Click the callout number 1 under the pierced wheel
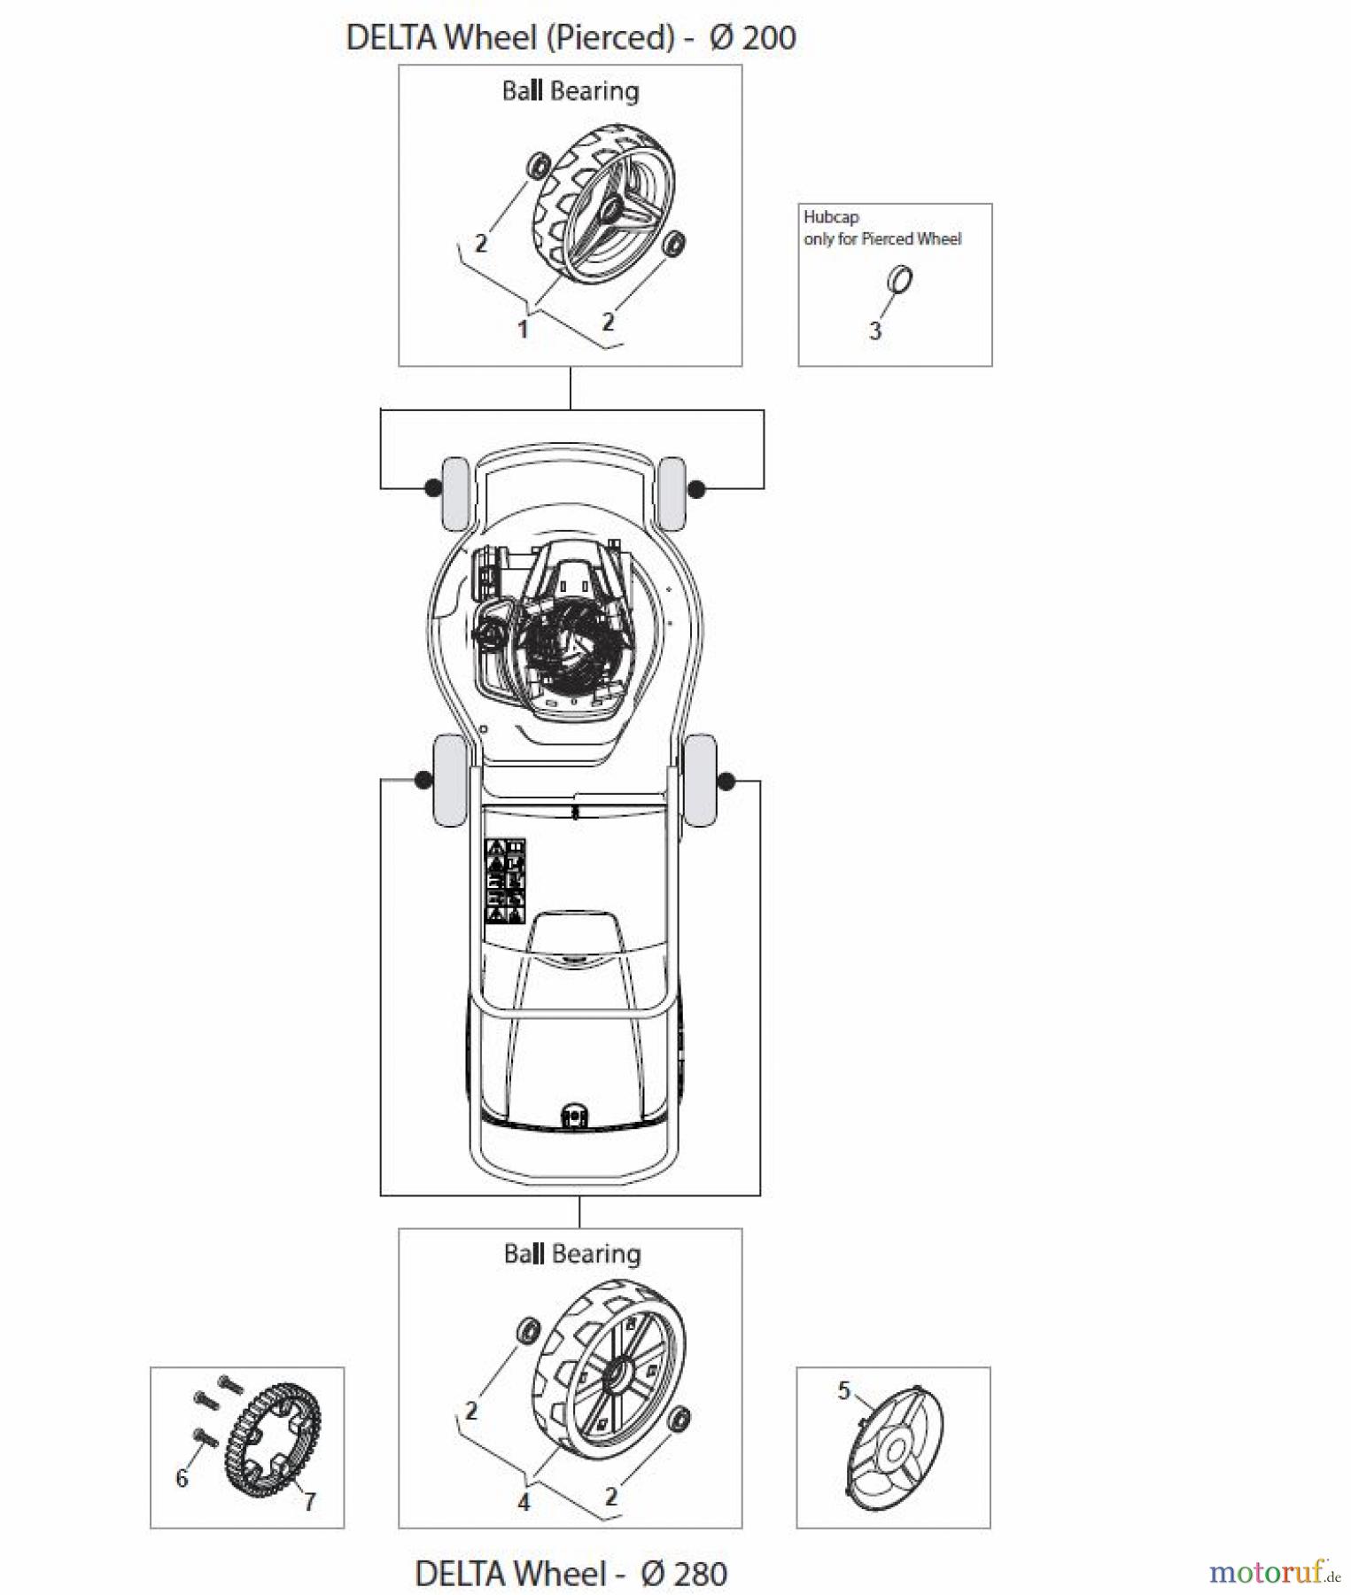pyautogui.click(x=523, y=330)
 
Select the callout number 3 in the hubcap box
pyautogui.click(x=875, y=331)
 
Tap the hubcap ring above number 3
pyautogui.click(x=900, y=280)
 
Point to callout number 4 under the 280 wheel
pyautogui.click(x=524, y=1502)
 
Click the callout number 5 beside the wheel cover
pyautogui.click(x=843, y=1390)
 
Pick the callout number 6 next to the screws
pyautogui.click(x=182, y=1477)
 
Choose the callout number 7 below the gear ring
pyautogui.click(x=309, y=1501)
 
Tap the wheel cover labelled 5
pyautogui.click(x=895, y=1450)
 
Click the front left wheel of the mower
pyautogui.click(x=454, y=493)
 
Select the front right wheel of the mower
pyautogui.click(x=672, y=493)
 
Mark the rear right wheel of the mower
pyautogui.click(x=701, y=780)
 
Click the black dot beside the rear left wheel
pyautogui.click(x=423, y=780)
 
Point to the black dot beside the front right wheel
pyautogui.click(x=696, y=488)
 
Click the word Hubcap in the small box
pyautogui.click(x=831, y=217)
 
